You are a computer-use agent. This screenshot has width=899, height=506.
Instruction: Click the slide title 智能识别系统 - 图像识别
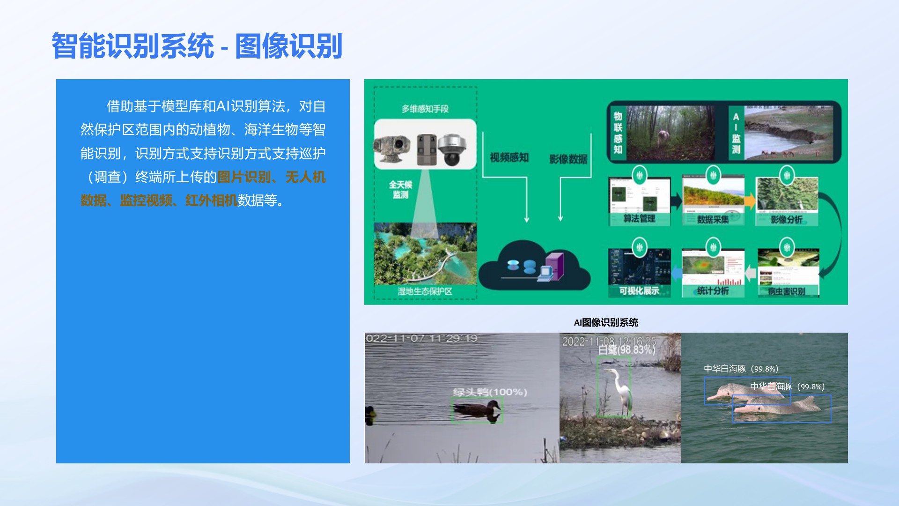tap(197, 46)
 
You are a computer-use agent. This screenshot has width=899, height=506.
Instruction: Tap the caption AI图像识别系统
tap(606, 322)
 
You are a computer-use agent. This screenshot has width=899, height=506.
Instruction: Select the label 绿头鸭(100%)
tap(490, 392)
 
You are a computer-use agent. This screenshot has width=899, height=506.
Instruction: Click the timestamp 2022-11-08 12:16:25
tap(609, 341)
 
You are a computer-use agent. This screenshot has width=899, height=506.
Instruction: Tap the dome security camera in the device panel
tap(451, 149)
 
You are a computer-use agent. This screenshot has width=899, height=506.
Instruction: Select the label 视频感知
tap(509, 158)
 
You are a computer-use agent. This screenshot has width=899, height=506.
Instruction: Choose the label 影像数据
tap(568, 159)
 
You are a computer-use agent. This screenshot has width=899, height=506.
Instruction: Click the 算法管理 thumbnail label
tap(639, 219)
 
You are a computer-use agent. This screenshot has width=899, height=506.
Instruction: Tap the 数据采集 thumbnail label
tap(713, 219)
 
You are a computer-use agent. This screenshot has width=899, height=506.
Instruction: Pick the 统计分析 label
tap(713, 291)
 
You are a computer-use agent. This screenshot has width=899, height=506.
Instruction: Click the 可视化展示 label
tap(639, 291)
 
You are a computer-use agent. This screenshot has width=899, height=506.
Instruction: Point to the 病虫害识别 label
tap(787, 291)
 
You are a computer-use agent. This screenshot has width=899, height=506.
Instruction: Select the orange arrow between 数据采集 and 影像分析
tap(750, 201)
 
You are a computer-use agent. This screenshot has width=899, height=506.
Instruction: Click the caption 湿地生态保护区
tap(425, 291)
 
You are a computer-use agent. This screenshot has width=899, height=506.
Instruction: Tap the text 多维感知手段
tap(425, 109)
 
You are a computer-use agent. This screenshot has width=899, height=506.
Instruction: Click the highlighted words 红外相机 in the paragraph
tap(211, 201)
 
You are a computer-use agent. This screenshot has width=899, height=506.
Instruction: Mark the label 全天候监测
tap(400, 190)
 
